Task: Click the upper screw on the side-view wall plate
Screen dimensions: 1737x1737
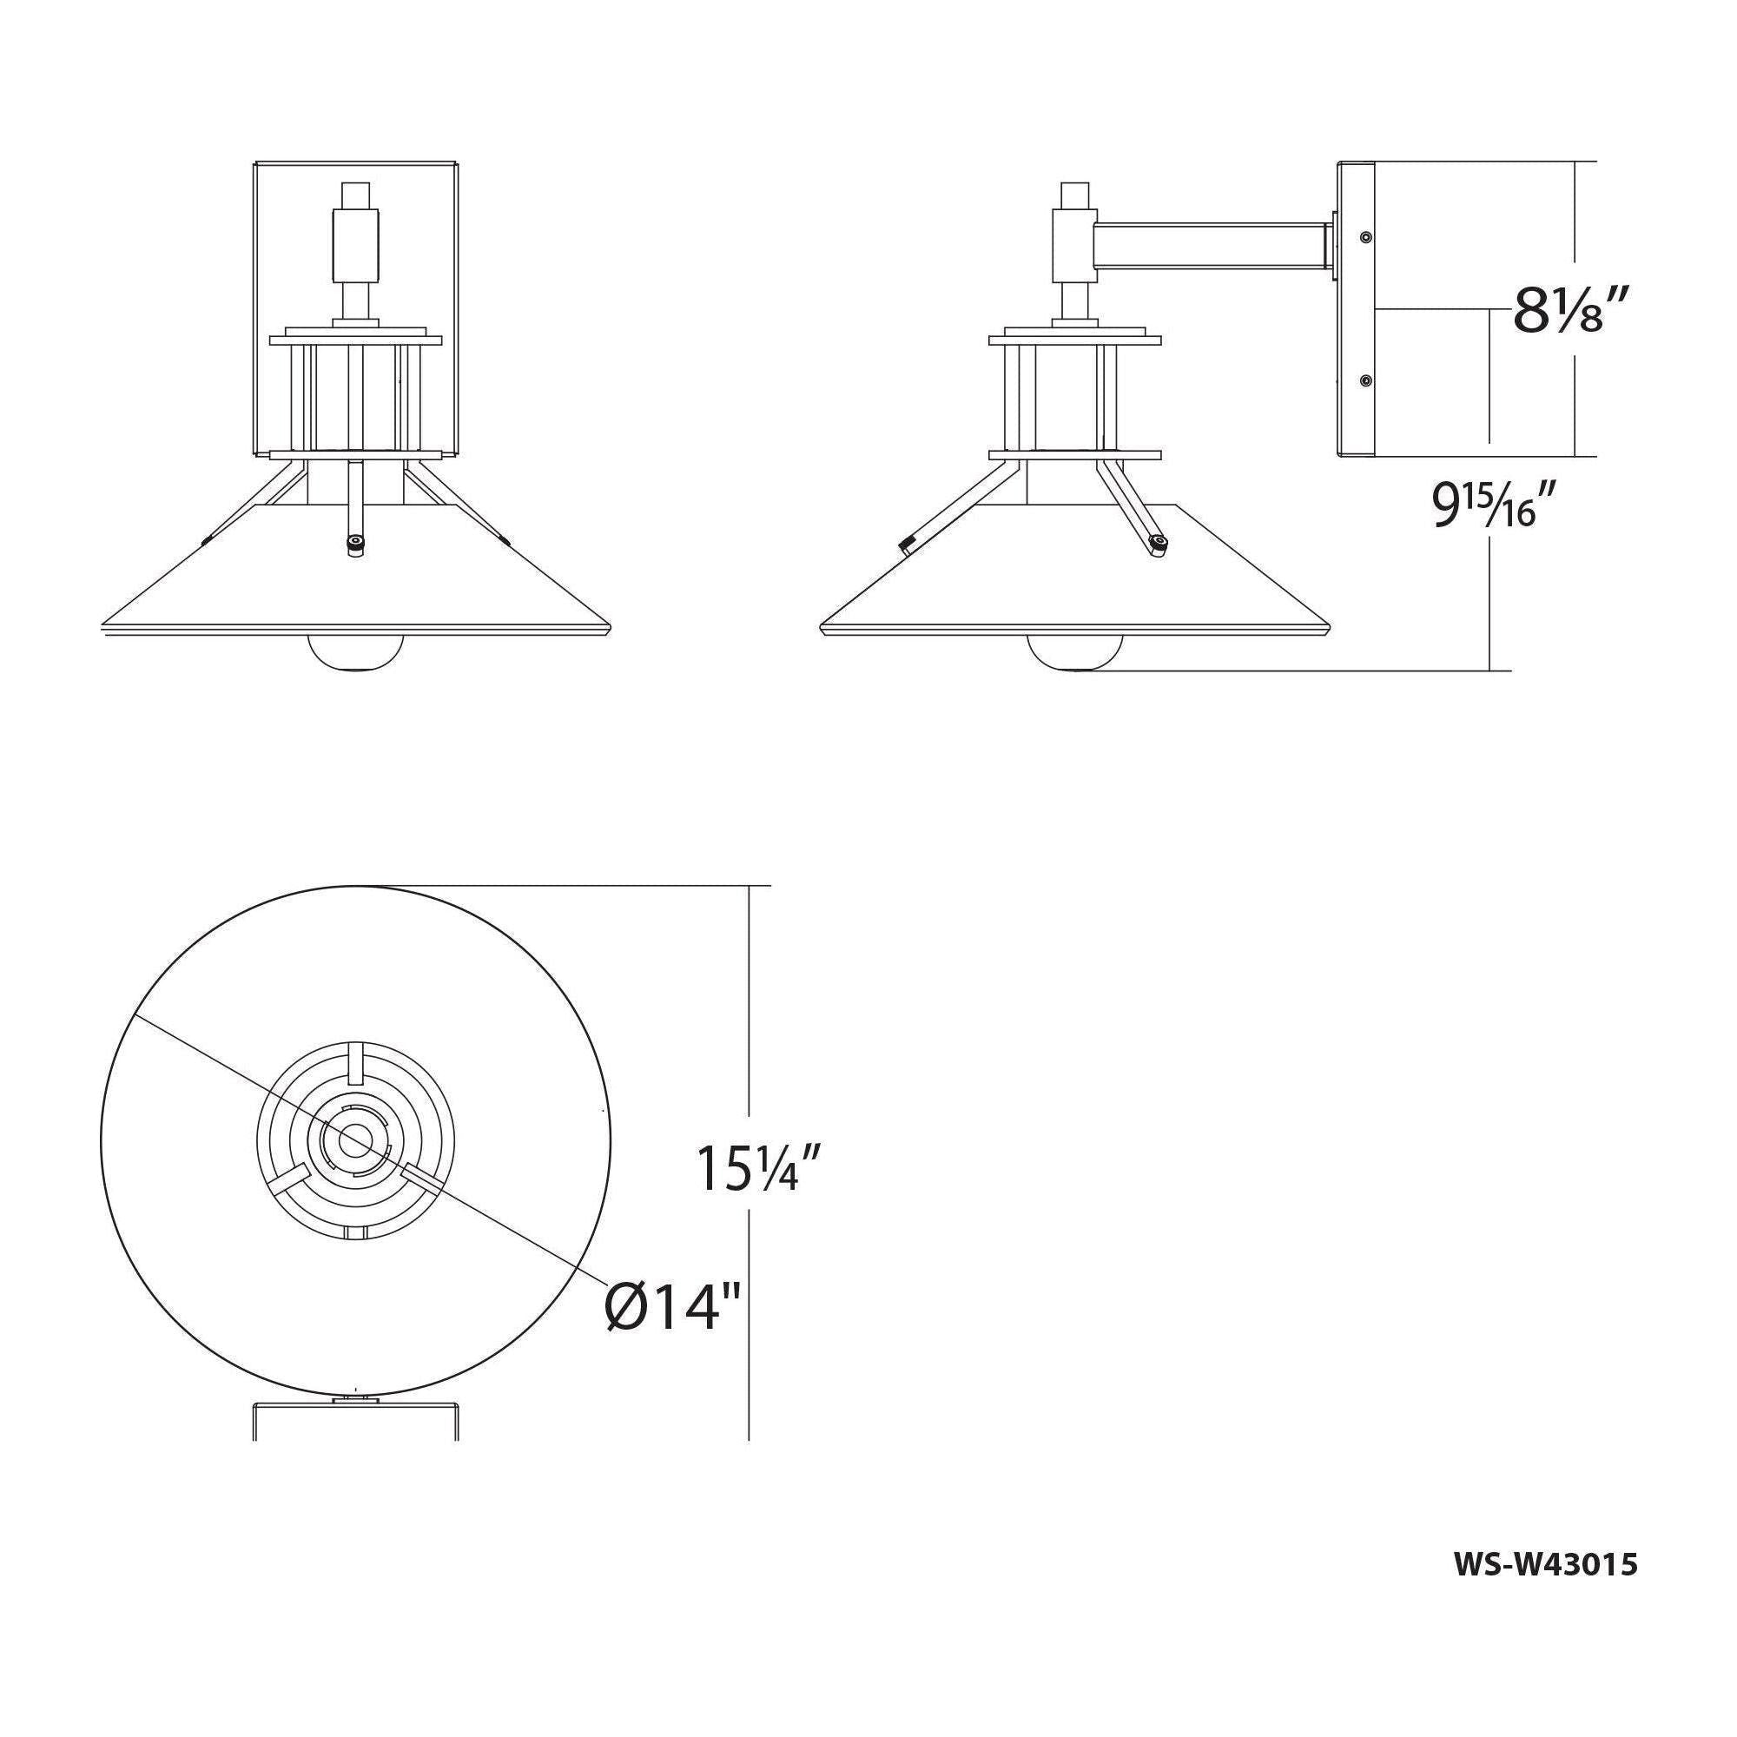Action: [x=1365, y=236]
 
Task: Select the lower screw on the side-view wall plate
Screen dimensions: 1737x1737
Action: [x=1365, y=381]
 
